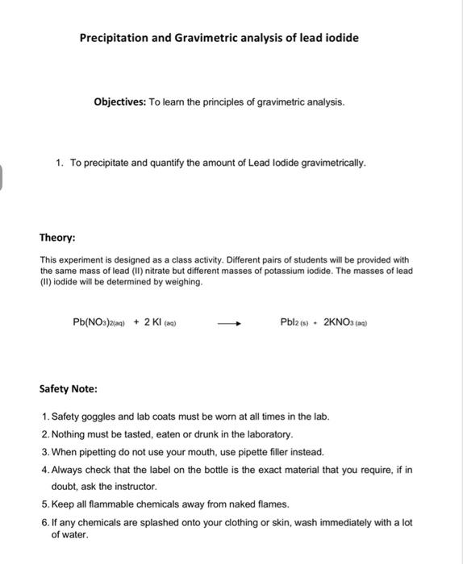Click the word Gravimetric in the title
click(212, 38)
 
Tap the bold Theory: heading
click(58, 238)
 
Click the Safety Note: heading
click(69, 388)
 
